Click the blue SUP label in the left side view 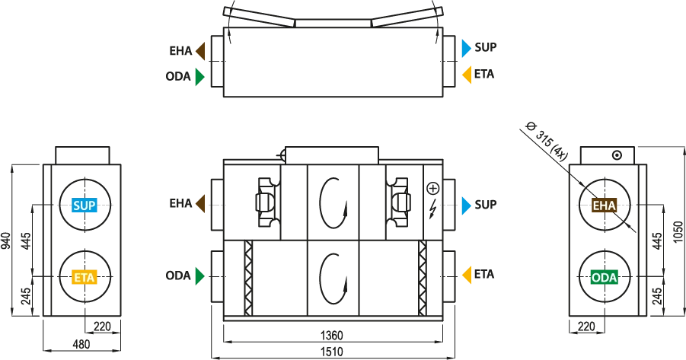pos(85,205)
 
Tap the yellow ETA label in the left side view pos(85,277)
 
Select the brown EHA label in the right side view pos(605,205)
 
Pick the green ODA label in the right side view pos(605,277)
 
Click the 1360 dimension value pos(332,336)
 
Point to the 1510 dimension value pos(332,352)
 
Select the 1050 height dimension pos(678,232)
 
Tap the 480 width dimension pos(81,344)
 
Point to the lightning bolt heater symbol pos(432,209)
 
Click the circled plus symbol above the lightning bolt pos(432,189)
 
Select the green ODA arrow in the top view pos(200,77)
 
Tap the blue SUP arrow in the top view pos(467,48)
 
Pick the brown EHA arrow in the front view pos(200,204)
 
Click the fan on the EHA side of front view pos(266,202)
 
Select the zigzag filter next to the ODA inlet pos(248,278)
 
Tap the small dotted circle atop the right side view pos(617,155)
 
